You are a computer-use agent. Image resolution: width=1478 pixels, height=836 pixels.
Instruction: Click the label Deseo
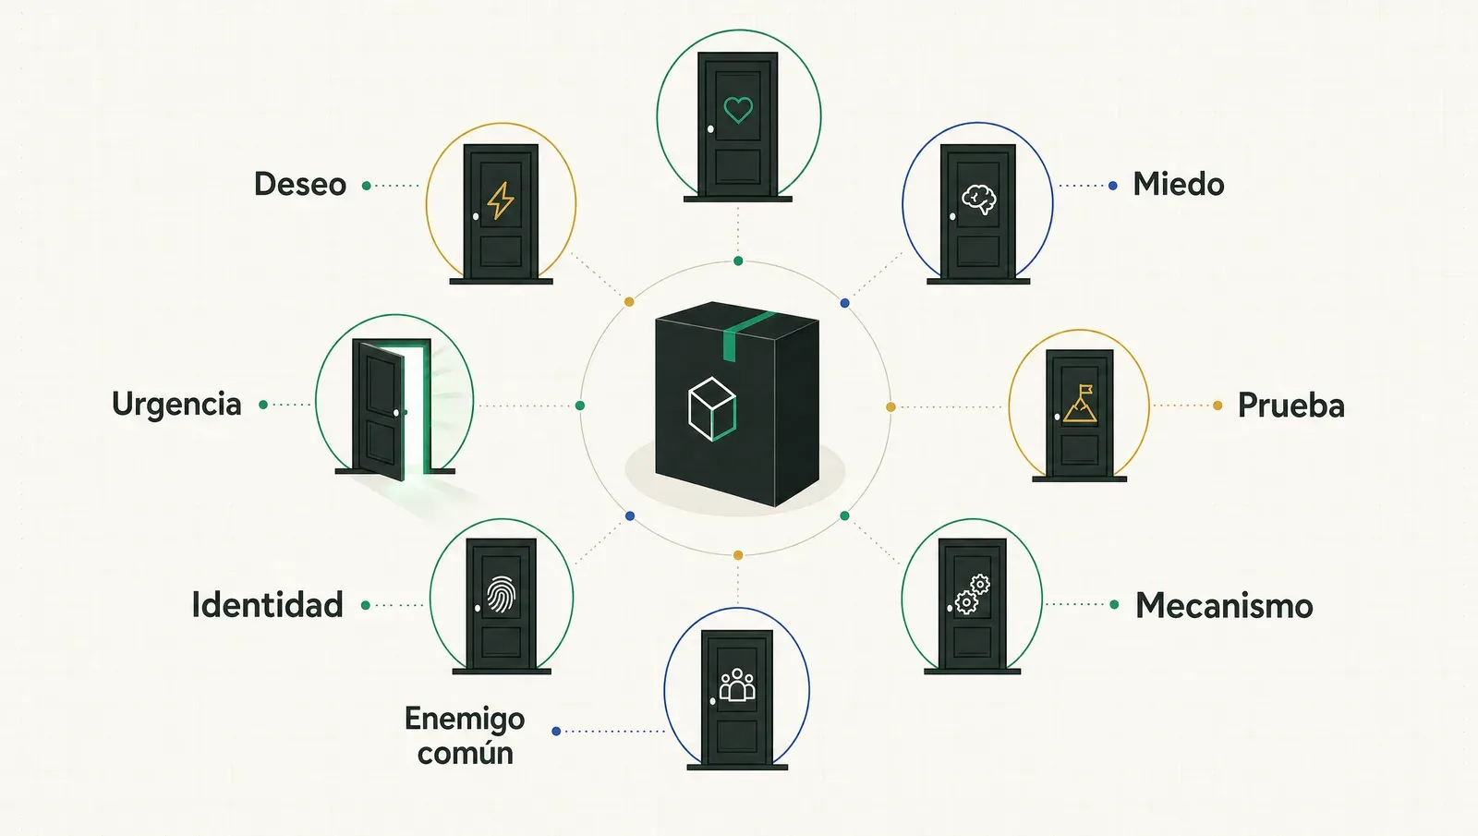click(300, 184)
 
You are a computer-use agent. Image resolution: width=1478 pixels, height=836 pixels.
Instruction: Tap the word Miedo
click(1179, 184)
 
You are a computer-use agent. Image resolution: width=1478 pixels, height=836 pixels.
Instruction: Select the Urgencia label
click(176, 405)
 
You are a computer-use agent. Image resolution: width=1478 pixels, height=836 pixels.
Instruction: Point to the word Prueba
click(1290, 406)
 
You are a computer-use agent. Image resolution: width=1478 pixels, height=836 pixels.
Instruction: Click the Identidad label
click(267, 605)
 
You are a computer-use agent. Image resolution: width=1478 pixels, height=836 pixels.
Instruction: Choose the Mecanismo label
click(1224, 606)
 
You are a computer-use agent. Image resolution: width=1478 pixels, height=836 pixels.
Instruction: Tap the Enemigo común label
click(466, 735)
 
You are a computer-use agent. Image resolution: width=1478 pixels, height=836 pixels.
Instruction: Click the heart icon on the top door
click(738, 110)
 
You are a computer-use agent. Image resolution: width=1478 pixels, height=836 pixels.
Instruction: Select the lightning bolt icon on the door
click(500, 200)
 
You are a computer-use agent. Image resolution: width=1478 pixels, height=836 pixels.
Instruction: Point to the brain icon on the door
click(979, 199)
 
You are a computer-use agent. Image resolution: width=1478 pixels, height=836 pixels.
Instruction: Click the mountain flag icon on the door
click(1080, 404)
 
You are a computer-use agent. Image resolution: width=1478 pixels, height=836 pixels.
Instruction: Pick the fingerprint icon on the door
click(501, 595)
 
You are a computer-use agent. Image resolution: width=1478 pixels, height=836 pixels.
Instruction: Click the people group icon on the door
click(737, 685)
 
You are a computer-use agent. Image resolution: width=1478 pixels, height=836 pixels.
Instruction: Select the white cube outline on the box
click(711, 408)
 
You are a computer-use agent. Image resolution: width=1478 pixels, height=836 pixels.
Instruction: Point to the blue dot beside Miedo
click(1113, 186)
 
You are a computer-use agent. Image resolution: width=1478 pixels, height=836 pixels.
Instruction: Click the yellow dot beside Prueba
click(1218, 406)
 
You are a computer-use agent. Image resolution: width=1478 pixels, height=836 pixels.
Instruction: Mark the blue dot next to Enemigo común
click(556, 731)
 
